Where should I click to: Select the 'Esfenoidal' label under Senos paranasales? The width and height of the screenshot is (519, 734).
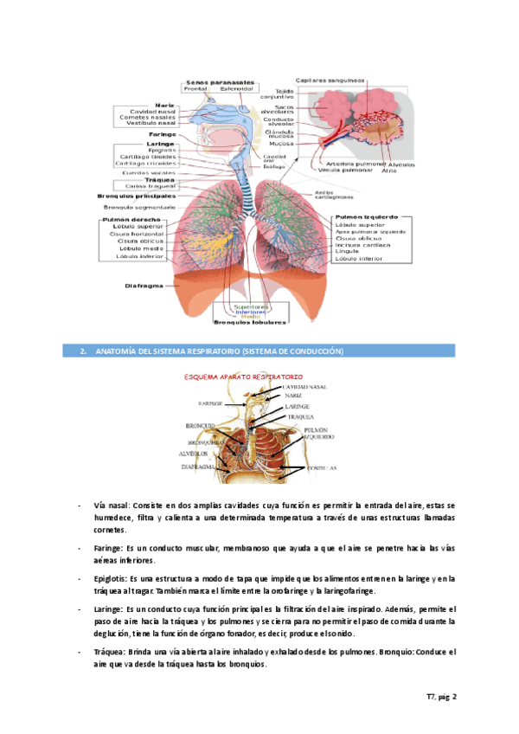point(236,88)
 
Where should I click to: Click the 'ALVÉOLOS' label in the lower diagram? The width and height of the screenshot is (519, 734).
point(195,452)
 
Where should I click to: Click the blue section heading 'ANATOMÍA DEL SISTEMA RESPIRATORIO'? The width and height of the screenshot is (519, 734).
point(211,351)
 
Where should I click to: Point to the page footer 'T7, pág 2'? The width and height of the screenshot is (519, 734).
point(440,697)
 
